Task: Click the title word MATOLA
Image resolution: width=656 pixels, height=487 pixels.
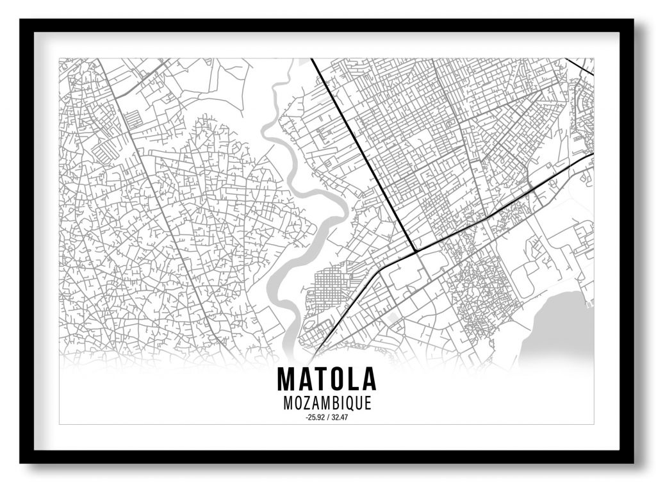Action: (327, 379)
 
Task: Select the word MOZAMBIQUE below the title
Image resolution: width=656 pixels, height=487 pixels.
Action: (327, 404)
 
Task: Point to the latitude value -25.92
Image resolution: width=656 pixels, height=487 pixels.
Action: (316, 418)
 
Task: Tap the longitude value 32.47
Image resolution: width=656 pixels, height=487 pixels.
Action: (339, 418)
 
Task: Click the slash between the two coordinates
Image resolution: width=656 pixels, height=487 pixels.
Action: (327, 418)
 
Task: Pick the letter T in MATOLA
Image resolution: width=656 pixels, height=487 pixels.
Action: (318, 379)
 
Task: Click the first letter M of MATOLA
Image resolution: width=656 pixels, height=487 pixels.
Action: (286, 379)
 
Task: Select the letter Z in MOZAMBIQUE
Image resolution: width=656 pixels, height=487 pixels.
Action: (306, 404)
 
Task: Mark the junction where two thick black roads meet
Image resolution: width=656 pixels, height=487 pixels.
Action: (416, 250)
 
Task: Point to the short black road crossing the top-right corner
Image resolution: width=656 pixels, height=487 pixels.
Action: (580, 67)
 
